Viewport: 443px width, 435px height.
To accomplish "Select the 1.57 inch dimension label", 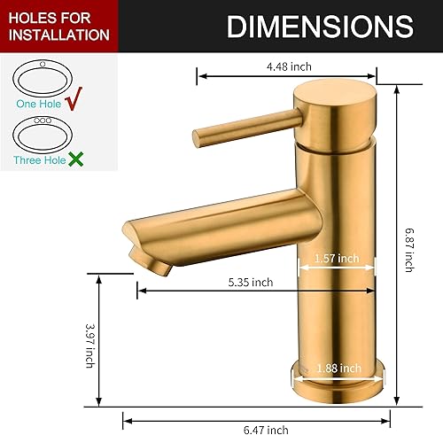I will point(336,259).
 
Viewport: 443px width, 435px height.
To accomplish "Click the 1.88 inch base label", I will point(338,369).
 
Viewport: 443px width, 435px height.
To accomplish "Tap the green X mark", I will point(77,160).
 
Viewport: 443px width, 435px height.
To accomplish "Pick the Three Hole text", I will point(39,161).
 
